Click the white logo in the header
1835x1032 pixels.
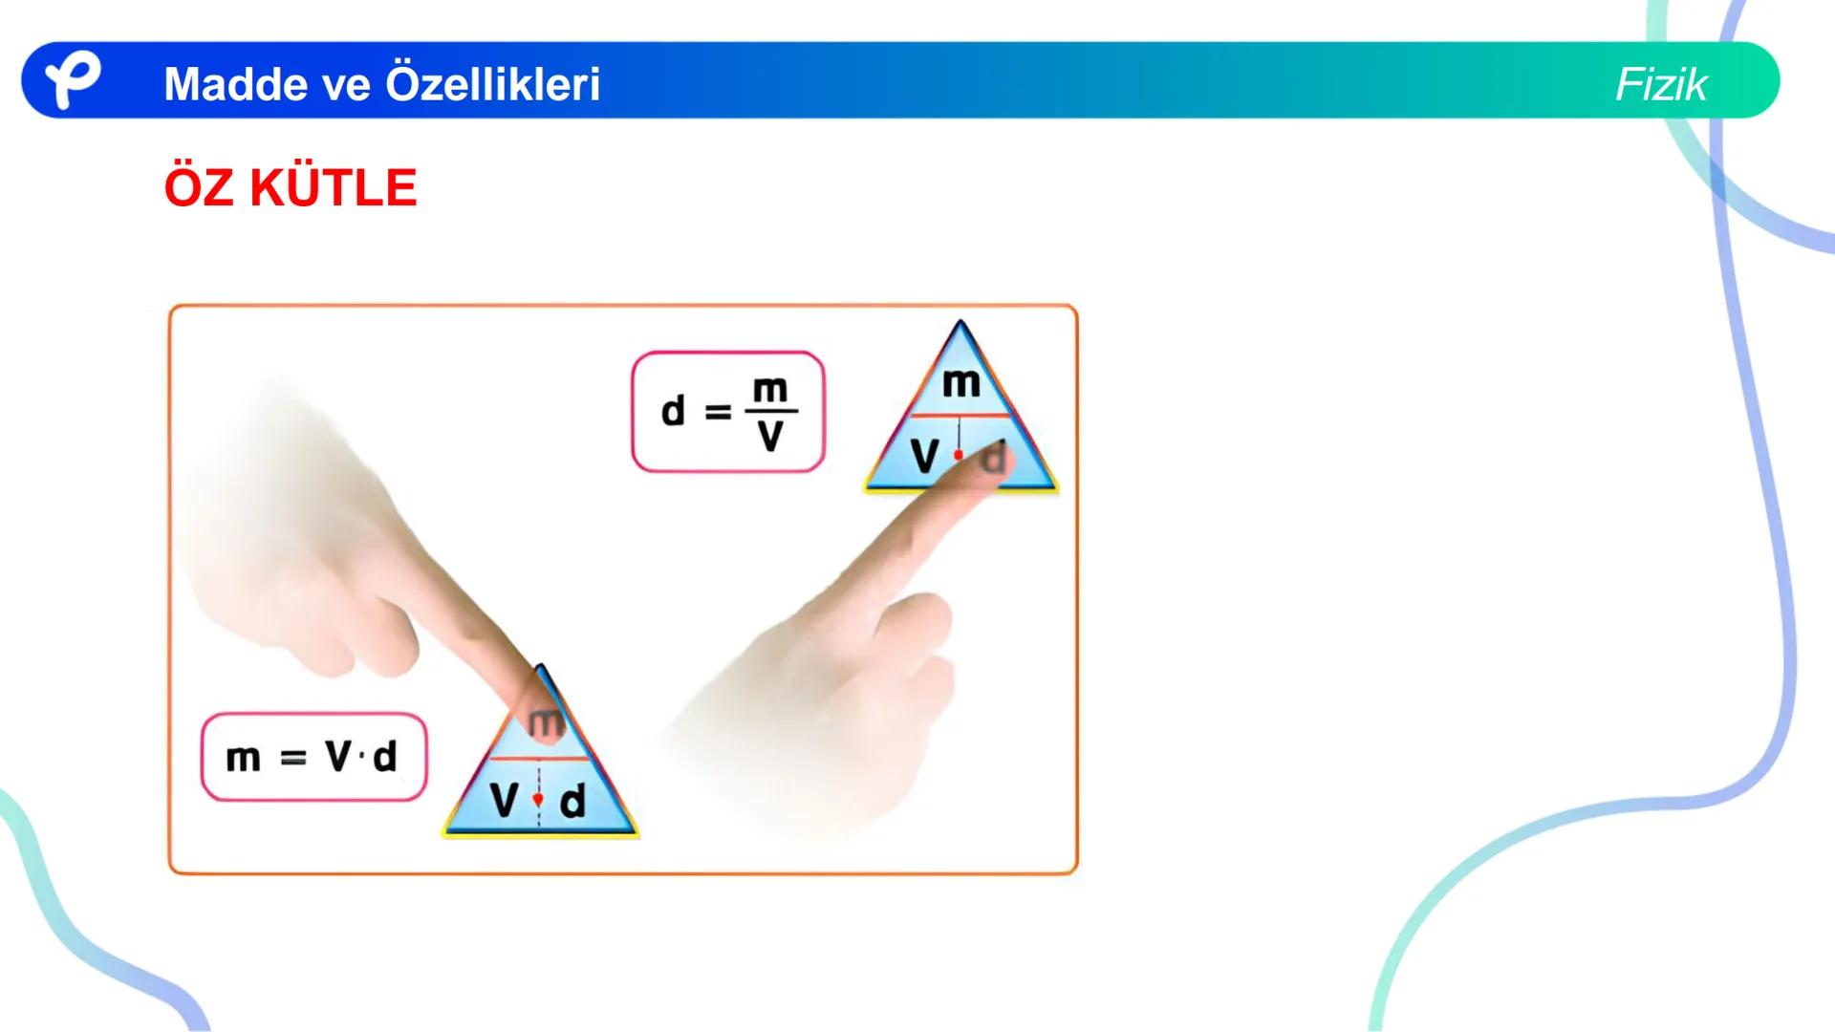click(73, 81)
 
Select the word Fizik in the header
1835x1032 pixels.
click(1660, 85)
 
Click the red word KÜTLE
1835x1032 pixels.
click(333, 188)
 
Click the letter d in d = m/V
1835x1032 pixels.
click(674, 412)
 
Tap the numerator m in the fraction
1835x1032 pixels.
click(770, 390)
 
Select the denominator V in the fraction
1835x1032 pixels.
click(770, 437)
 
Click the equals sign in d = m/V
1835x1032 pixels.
click(718, 413)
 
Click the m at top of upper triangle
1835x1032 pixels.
click(961, 384)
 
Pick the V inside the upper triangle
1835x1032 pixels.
click(924, 457)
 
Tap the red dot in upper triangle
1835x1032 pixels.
click(959, 456)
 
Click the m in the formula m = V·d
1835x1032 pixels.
click(243, 759)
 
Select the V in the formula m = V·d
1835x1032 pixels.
click(339, 756)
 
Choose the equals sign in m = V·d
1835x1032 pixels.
click(292, 759)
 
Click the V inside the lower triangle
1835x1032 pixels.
click(505, 801)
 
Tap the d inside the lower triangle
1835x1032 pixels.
click(572, 802)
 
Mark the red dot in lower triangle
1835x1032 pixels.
click(538, 799)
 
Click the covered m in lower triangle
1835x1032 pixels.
click(546, 722)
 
